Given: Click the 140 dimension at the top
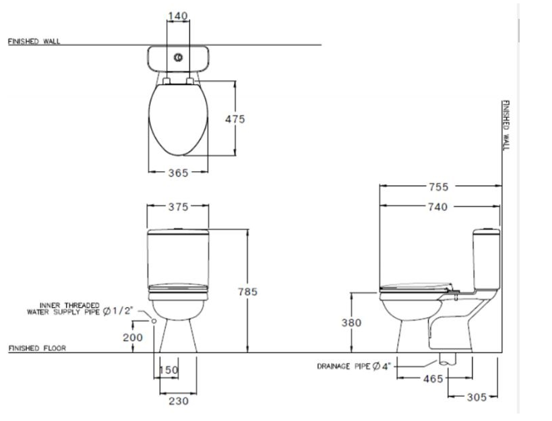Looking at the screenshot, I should point(178,15).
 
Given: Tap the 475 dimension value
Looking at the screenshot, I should point(234,119).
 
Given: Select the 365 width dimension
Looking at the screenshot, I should point(178,172).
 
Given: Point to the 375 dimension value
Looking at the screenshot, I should point(178,207).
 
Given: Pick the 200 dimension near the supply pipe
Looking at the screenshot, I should point(131,336).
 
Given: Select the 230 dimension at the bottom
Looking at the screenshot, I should point(178,401).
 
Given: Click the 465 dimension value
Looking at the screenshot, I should point(433,379).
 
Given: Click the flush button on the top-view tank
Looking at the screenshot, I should point(178,58).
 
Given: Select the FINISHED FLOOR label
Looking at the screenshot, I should point(34,348).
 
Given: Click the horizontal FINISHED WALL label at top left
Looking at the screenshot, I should point(34,41).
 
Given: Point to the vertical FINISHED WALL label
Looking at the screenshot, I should point(505,126).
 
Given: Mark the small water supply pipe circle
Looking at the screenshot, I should point(154,321).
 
